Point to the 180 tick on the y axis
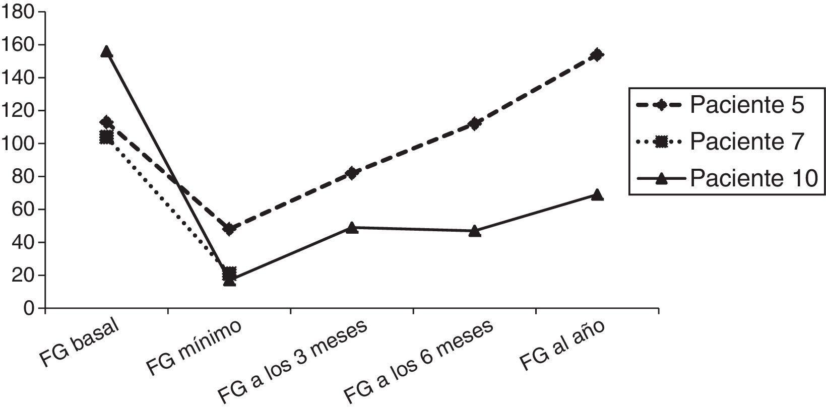(x=18, y=12)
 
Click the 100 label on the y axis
(x=18, y=144)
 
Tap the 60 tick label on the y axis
(x=22, y=210)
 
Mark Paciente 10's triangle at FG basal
(x=106, y=51)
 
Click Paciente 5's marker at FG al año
(x=597, y=54)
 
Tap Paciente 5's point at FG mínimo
(x=229, y=229)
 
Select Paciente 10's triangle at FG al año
(x=597, y=195)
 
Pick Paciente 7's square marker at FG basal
(x=106, y=137)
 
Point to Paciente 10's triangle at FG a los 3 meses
(x=352, y=228)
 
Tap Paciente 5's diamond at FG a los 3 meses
(x=352, y=173)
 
